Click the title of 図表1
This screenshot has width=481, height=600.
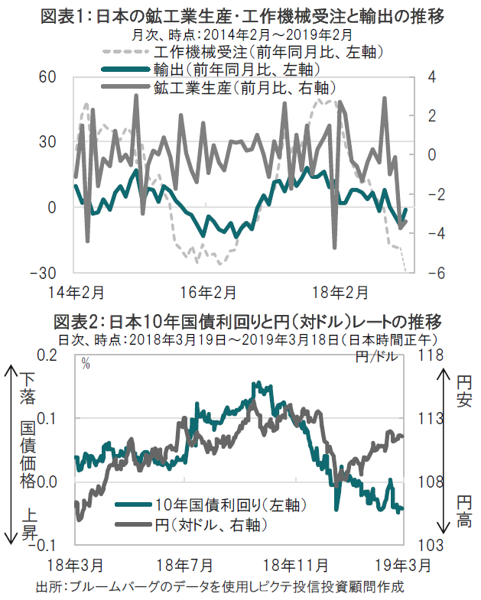click(244, 15)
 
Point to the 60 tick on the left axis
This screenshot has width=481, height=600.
click(47, 77)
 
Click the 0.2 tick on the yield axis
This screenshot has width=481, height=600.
click(47, 355)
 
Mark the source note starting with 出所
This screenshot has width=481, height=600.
click(219, 587)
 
